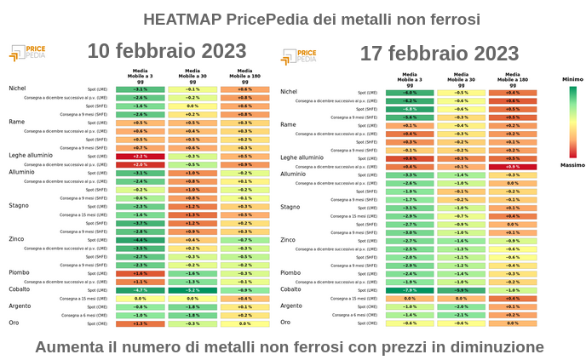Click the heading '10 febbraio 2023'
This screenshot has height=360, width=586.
point(167,51)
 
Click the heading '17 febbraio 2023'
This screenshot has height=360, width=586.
point(439,54)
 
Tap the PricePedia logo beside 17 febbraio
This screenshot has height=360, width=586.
point(299,57)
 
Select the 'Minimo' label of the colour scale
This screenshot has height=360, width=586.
point(572,79)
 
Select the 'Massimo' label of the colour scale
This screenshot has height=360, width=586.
point(572,164)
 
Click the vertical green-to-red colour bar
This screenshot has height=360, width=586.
point(572,121)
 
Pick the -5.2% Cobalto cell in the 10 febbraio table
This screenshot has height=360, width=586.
point(192,290)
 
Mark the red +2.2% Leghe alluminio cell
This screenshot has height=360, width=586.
point(141,157)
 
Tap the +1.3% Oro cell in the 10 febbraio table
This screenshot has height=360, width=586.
point(141,323)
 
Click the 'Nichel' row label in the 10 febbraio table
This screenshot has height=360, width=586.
point(18,89)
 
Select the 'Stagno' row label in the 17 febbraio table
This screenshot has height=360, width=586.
point(290,207)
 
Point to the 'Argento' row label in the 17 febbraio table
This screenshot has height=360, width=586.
point(291,306)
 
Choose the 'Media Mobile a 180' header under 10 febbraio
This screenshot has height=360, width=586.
point(244,75)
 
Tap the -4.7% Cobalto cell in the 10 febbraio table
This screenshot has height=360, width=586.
point(141,290)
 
